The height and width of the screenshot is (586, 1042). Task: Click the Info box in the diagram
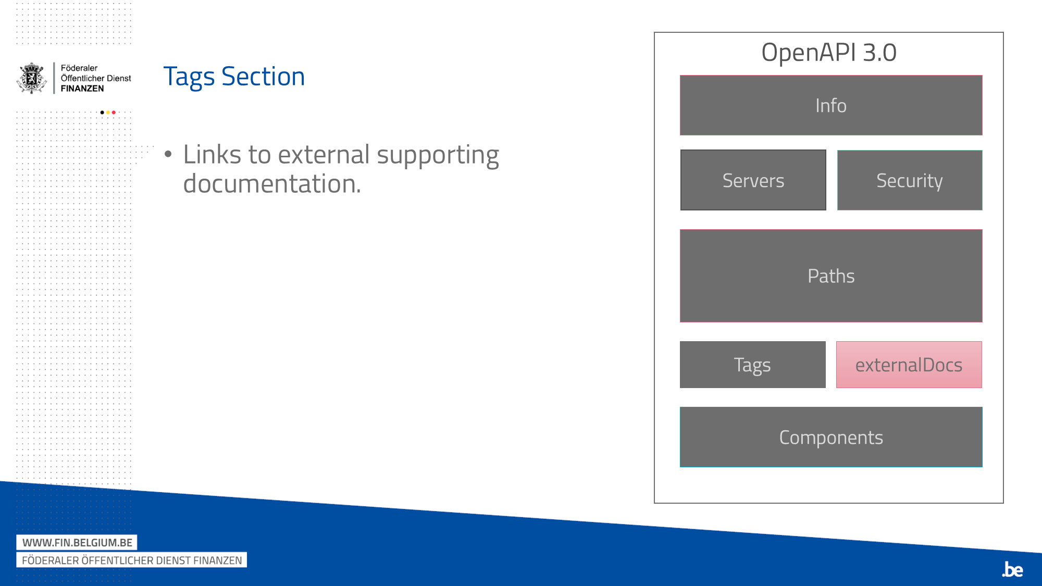[831, 105]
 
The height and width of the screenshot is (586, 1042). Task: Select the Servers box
[753, 180]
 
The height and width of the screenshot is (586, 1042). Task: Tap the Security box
[910, 180]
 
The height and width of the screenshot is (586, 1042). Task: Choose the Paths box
[831, 276]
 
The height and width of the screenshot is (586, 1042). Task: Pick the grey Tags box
[753, 365]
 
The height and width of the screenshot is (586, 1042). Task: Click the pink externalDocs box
[909, 365]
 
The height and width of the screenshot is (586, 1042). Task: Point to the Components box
[831, 437]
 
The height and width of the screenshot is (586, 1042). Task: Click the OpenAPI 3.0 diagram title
[829, 52]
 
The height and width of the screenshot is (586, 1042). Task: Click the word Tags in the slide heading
[189, 77]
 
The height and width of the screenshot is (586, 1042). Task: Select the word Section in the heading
[263, 77]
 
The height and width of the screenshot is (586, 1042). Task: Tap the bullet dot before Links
[168, 154]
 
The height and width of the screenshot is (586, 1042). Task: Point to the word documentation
[272, 183]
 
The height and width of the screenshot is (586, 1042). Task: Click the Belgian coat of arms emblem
[32, 78]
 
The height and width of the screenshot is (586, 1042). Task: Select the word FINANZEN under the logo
[82, 89]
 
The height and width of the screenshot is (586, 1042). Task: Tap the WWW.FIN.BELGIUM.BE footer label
[77, 542]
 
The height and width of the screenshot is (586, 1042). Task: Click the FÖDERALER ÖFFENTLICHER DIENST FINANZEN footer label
[132, 560]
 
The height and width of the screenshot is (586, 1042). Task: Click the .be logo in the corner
[1012, 569]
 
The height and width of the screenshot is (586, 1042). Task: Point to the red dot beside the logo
[114, 113]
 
